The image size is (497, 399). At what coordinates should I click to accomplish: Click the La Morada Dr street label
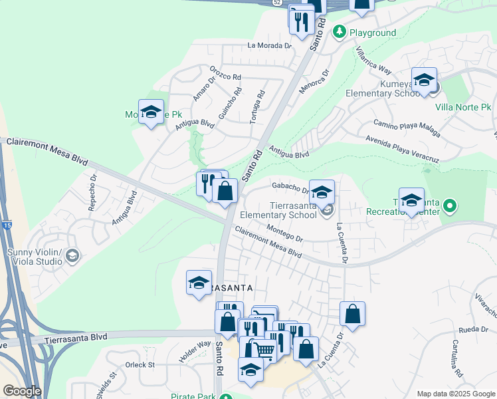269,46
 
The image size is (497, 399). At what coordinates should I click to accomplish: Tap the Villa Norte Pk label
463,106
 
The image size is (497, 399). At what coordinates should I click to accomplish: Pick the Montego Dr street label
284,233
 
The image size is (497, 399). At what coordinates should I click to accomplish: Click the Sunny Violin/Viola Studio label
34,257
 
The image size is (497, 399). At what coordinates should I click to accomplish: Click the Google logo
22,391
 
